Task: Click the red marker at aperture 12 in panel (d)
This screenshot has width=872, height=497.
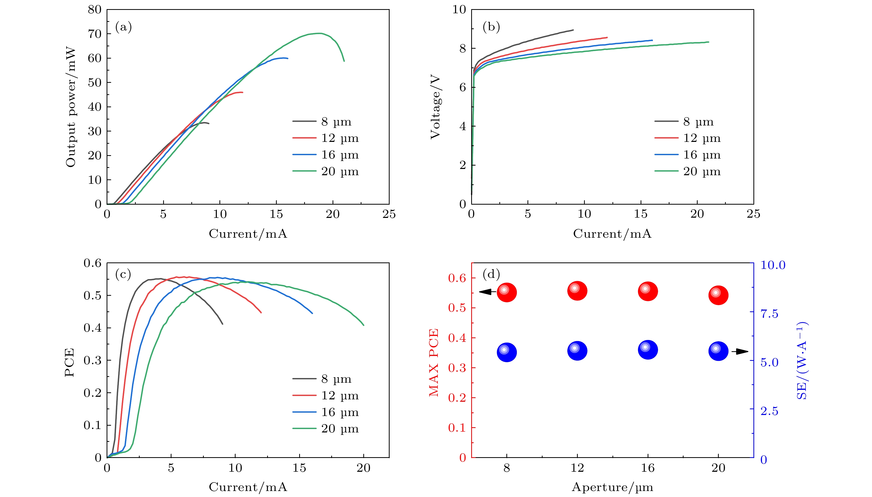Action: [577, 291]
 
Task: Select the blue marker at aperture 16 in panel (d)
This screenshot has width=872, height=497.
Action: [648, 350]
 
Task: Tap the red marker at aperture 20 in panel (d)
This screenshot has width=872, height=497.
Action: [718, 295]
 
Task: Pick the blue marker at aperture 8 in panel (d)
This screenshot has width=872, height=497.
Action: [506, 352]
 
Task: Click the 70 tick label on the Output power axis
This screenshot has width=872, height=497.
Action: [95, 34]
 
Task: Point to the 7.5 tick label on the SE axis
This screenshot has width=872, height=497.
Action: [769, 313]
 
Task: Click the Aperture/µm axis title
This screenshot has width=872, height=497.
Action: [612, 487]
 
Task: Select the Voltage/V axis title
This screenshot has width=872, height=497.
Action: [435, 107]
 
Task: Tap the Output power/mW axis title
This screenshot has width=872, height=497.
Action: [71, 107]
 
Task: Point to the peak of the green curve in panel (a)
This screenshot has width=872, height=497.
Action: [320, 33]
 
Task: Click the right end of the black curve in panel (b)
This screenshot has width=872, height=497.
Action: [573, 30]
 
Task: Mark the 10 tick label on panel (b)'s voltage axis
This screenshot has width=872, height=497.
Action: [459, 10]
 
